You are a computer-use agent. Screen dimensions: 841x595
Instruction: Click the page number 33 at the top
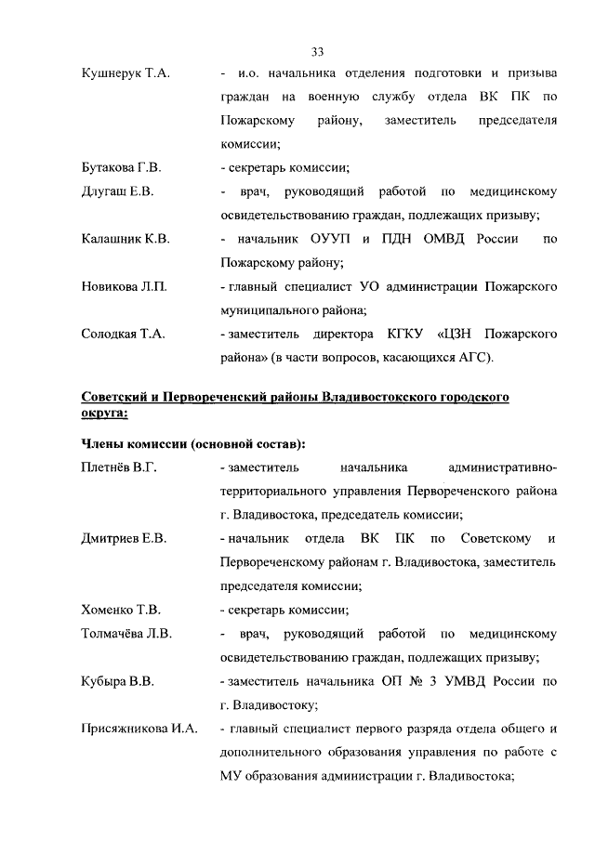pos(316,50)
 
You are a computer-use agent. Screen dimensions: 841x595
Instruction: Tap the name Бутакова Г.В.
pos(122,168)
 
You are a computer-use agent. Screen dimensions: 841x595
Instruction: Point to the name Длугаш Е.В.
pos(117,192)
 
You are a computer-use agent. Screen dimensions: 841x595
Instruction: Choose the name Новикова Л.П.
pos(124,287)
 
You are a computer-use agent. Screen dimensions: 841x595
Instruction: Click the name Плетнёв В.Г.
pos(118,467)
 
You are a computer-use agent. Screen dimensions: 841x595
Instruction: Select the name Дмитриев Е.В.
pos(124,539)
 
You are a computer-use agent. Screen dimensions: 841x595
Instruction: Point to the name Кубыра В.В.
pos(117,681)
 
